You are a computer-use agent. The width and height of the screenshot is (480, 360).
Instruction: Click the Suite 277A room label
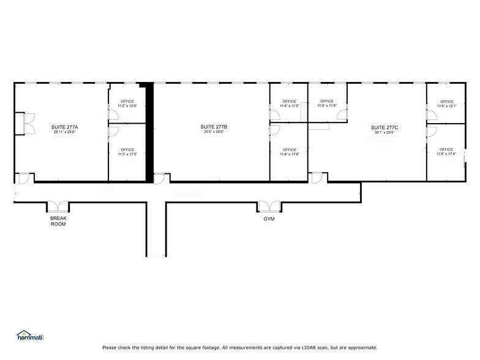65,127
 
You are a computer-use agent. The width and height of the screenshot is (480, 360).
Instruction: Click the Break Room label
58,221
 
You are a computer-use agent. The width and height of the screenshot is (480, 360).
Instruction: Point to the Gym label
269,219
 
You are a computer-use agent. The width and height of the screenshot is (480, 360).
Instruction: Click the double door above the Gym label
269,206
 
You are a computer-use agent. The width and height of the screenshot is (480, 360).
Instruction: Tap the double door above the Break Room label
59,207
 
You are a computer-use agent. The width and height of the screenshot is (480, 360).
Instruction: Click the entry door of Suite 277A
23,178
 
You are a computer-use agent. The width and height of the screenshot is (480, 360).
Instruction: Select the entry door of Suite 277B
159,178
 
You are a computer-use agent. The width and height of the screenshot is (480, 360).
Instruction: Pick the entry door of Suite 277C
317,178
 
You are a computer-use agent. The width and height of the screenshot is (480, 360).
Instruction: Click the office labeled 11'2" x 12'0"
127,103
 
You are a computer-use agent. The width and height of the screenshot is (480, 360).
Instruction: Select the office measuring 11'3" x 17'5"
127,152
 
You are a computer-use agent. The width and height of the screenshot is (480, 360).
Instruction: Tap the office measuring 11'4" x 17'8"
289,152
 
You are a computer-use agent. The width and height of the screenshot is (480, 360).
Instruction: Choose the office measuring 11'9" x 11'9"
327,103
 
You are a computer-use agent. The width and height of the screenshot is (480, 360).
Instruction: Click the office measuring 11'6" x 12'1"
446,103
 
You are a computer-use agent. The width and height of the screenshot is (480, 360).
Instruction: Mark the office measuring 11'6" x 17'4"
446,152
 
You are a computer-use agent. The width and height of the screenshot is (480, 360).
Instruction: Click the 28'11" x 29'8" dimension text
65,132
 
